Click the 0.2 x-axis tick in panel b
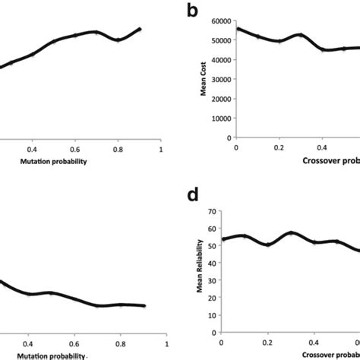tap(279, 147)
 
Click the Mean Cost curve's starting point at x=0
tap(238, 29)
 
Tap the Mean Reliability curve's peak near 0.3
tap(291, 232)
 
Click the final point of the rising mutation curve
tap(140, 29)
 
